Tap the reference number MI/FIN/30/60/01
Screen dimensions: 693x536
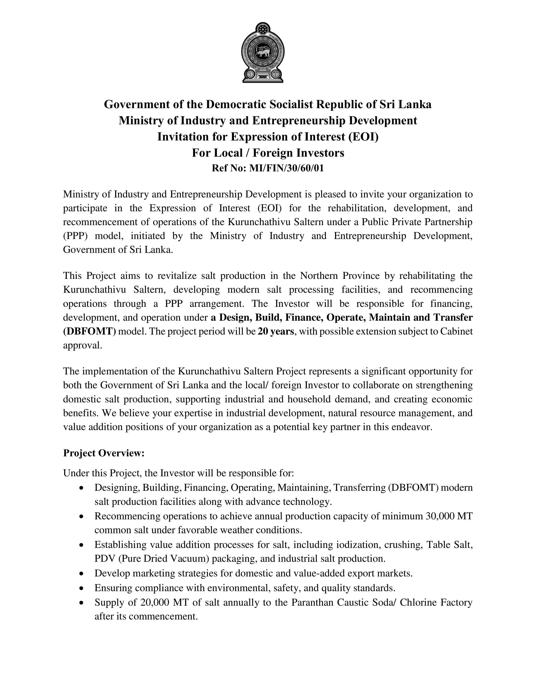286,168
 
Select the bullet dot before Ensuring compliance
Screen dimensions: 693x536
82,588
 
